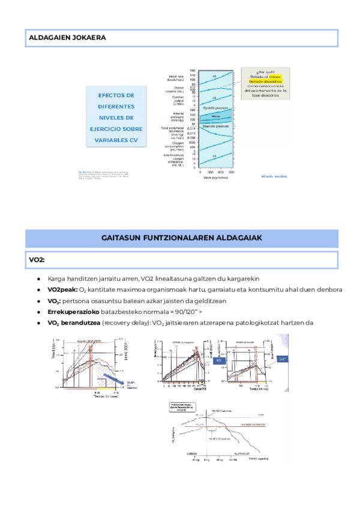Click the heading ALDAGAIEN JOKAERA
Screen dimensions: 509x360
(67, 38)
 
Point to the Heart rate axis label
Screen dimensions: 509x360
(176, 77)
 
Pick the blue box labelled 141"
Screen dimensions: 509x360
(283, 358)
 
